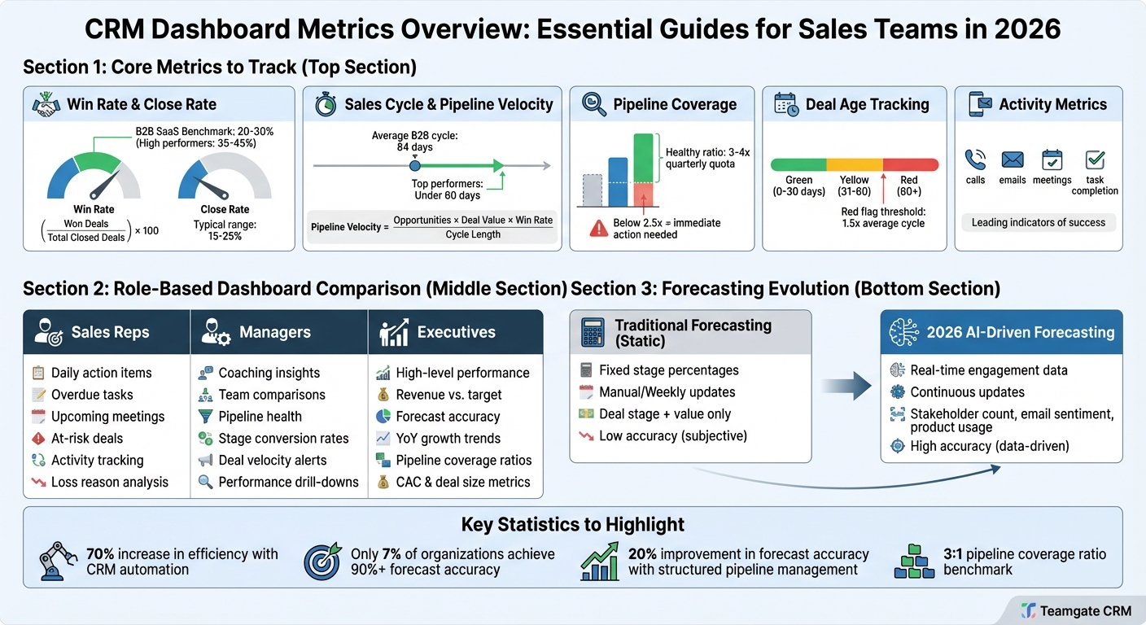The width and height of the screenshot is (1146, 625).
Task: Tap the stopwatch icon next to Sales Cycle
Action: click(326, 104)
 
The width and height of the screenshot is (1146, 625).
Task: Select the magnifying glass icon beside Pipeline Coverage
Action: click(594, 104)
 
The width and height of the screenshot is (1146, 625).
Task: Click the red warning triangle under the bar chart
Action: click(598, 229)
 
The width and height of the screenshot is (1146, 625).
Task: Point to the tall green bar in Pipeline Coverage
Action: click(643, 158)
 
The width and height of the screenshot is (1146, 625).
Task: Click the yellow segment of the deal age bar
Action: click(854, 164)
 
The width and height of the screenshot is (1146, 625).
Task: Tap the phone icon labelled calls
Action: click(975, 160)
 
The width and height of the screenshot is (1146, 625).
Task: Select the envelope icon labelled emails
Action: click(1013, 160)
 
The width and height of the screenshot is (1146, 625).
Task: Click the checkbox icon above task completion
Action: click(1096, 160)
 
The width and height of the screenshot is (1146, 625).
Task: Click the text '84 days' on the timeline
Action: click(415, 148)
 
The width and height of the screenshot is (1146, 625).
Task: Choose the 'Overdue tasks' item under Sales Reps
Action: click(91, 395)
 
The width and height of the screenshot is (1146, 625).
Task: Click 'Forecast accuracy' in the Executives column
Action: click(448, 417)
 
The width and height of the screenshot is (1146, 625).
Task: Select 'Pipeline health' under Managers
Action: click(260, 417)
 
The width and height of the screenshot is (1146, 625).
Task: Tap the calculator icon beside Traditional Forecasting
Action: click(592, 332)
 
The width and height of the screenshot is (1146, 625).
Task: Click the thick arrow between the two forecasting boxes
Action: click(846, 387)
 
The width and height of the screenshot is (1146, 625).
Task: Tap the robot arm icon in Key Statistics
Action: click(58, 562)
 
